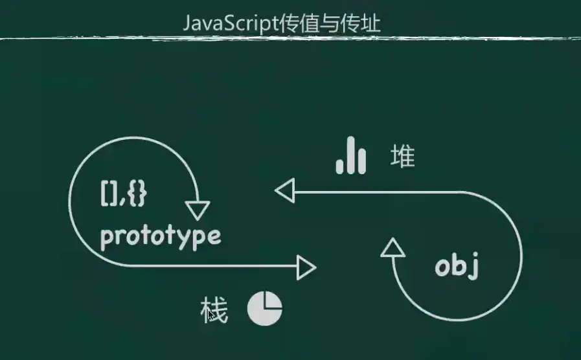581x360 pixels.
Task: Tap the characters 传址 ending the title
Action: coord(365,24)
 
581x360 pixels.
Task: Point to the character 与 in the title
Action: coord(331,24)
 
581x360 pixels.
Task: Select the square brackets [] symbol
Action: coord(109,194)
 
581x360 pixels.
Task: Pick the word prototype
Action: coord(160,236)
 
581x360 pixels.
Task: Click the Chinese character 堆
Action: coord(402,157)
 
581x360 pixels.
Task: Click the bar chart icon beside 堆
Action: coord(350,155)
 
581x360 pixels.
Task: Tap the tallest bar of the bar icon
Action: coord(350,155)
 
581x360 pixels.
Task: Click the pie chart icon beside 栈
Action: coord(264,308)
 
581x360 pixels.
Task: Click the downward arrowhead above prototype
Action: coord(197,209)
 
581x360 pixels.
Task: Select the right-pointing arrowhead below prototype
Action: coord(306,265)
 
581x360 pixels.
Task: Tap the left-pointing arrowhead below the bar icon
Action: coord(285,191)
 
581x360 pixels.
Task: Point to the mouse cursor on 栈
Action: coord(210,313)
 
